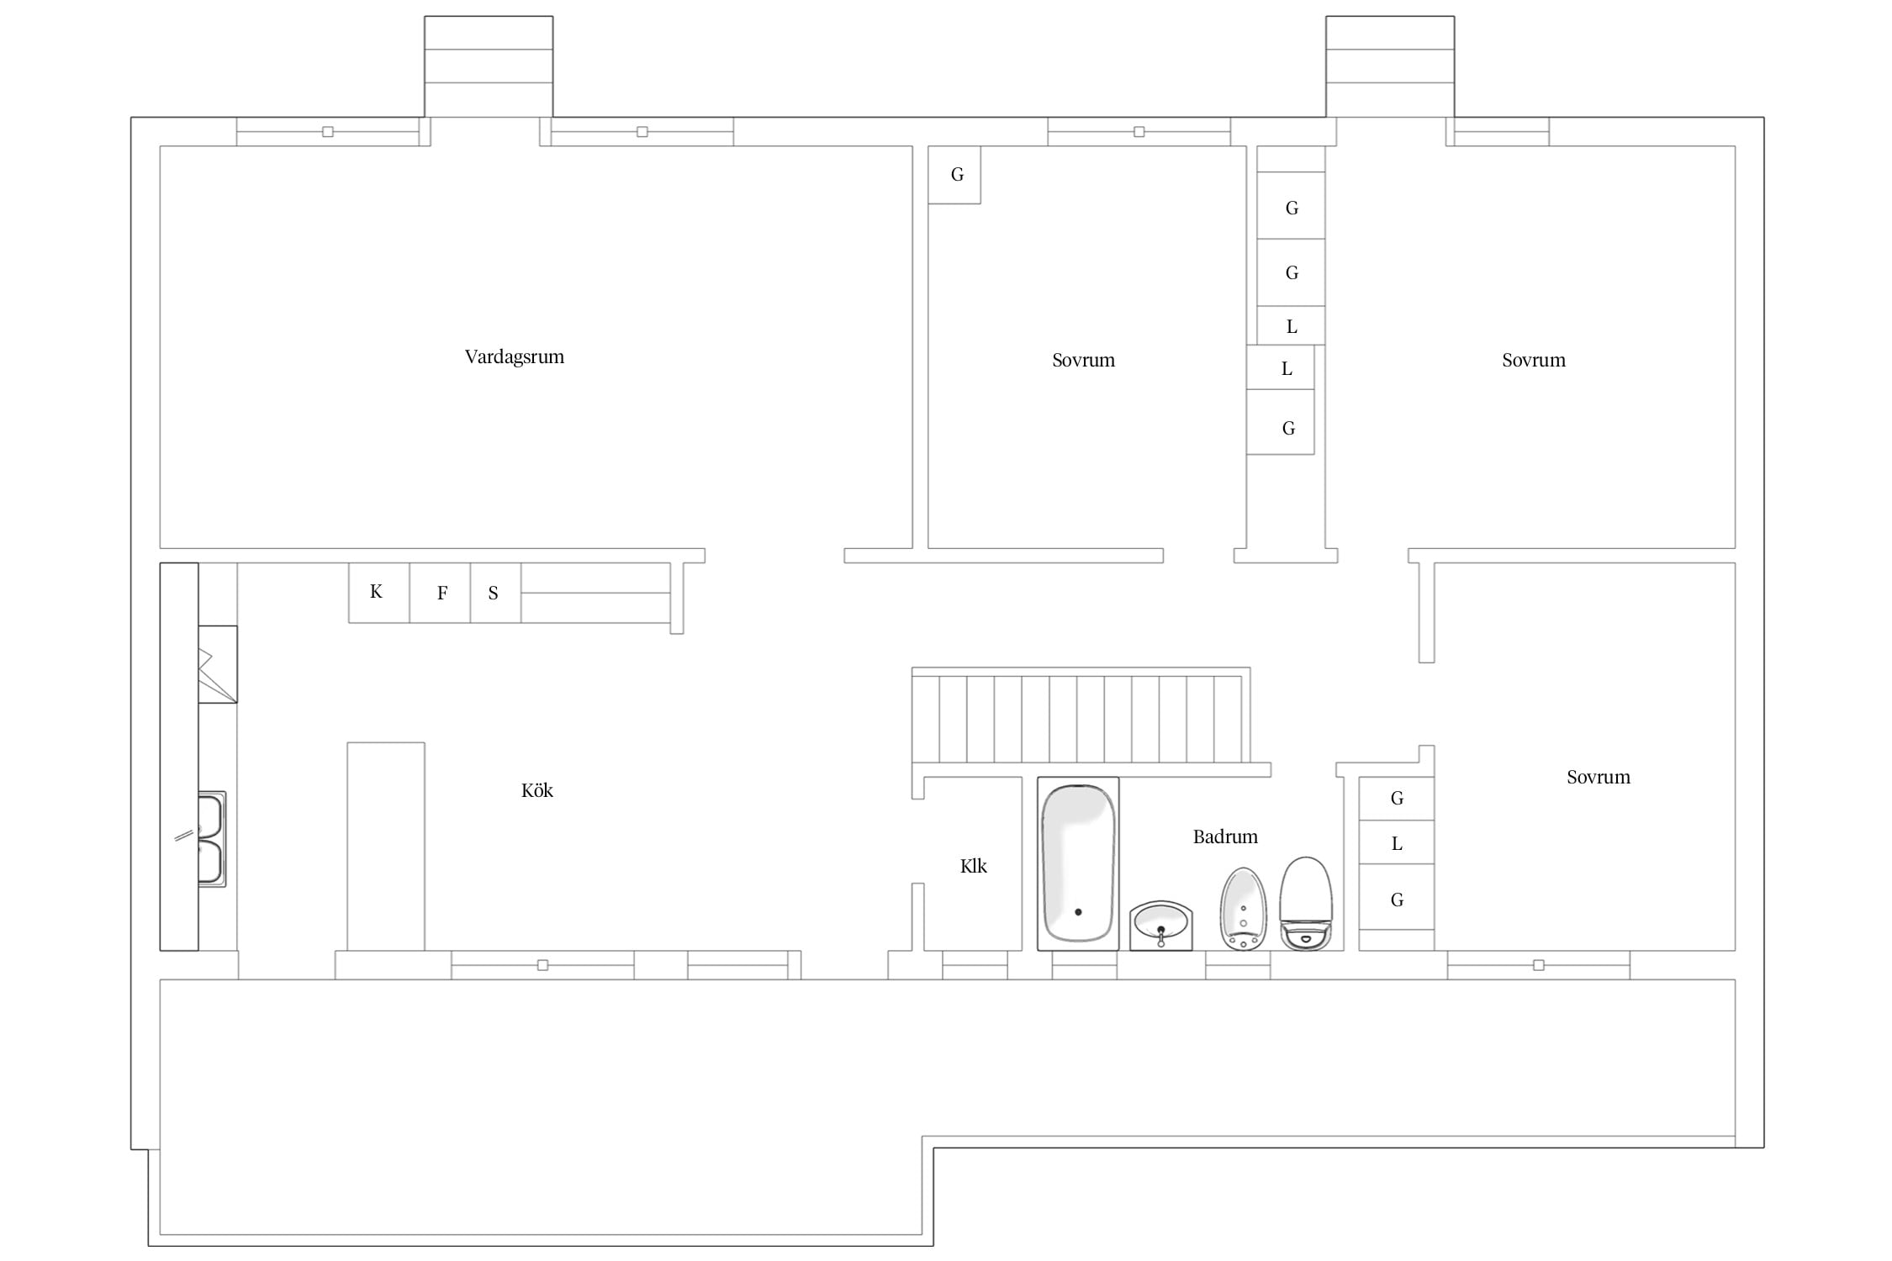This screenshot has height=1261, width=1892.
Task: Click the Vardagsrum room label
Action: pos(514,356)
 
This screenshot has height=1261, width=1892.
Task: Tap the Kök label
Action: pos(536,790)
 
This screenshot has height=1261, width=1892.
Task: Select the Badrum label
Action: pos(1225,836)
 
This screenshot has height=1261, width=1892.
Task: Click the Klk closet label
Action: pos(973,866)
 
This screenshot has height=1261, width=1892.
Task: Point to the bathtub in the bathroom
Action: pos(1078,863)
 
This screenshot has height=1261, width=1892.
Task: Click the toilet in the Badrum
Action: pos(1306,904)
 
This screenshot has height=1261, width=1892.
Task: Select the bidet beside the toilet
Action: pos(1243,909)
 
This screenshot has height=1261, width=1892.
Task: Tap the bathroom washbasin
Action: pos(1161,926)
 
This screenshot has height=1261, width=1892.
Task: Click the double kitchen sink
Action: pos(211,839)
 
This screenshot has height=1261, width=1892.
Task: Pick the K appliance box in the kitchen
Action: pos(379,593)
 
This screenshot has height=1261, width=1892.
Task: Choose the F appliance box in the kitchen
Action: pos(440,593)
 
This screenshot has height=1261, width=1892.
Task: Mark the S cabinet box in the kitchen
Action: pos(495,593)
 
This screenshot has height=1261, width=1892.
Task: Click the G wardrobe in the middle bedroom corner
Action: pos(954,175)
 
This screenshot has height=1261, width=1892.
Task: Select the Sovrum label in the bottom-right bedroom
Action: pos(1598,777)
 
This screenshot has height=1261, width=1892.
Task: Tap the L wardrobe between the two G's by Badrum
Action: pos(1397,842)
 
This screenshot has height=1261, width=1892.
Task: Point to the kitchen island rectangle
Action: pos(386,847)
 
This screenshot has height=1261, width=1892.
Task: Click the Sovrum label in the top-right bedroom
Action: pos(1534,360)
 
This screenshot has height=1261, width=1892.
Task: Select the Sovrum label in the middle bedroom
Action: pos(1083,360)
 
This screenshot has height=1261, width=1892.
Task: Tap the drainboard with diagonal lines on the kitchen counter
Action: pos(218,664)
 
